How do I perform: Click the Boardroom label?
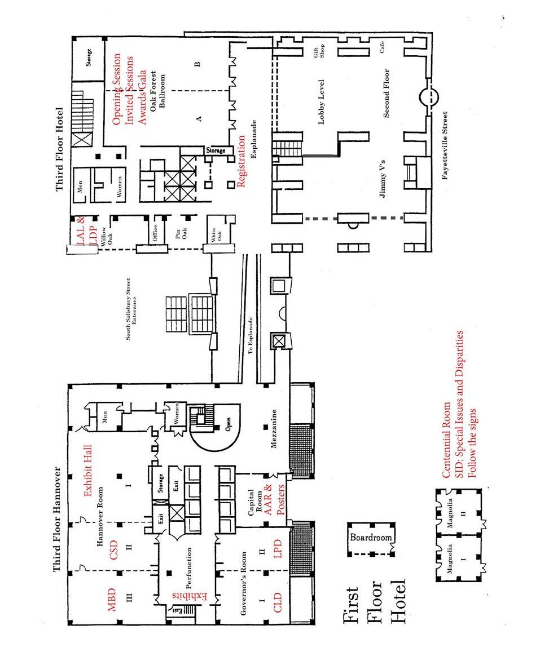tap(371, 537)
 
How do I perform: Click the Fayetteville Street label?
tap(445, 145)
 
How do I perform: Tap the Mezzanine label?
tap(273, 434)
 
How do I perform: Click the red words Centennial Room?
tap(446, 440)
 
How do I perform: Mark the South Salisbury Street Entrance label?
tap(131, 308)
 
